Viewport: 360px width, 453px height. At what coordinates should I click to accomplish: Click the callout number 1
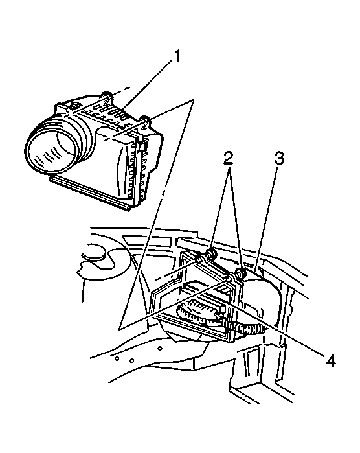click(176, 56)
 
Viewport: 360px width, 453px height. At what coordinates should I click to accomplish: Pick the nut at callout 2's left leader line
click(211, 254)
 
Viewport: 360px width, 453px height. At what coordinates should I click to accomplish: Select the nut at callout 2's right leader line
click(241, 273)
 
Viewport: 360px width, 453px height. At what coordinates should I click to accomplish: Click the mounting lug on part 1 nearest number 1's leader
click(106, 97)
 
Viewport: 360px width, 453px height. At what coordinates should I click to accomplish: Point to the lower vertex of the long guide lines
click(119, 328)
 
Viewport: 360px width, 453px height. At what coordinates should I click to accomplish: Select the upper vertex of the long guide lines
click(194, 99)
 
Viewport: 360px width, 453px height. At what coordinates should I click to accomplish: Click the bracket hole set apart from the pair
click(160, 348)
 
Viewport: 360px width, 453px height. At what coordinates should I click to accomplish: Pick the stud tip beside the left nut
click(199, 259)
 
